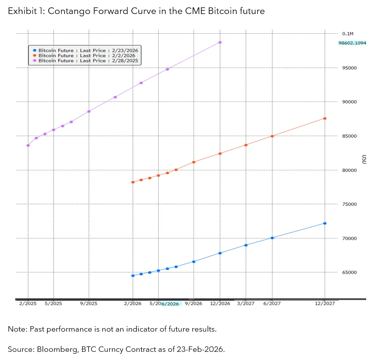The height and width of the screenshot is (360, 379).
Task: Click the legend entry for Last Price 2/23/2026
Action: (86, 50)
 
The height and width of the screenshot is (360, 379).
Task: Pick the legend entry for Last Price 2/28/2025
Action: (86, 61)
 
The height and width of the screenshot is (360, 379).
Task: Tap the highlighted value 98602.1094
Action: (352, 43)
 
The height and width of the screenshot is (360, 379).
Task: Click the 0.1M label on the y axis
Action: (348, 34)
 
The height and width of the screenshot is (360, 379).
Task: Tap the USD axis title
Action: (364, 159)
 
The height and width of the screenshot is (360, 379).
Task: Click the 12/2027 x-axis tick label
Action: (325, 304)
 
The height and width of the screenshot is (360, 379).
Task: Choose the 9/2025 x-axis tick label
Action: (89, 304)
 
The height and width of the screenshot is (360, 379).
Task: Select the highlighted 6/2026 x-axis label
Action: (170, 304)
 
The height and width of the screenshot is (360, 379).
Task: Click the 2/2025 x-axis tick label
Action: (28, 304)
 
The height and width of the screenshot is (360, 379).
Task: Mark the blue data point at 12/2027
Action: (325, 223)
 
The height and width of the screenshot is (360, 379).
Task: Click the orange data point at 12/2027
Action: (325, 119)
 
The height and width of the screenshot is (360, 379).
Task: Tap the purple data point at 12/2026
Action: (220, 42)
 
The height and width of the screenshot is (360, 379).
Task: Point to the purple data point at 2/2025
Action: (28, 145)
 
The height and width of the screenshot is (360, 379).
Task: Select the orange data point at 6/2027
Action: (272, 136)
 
